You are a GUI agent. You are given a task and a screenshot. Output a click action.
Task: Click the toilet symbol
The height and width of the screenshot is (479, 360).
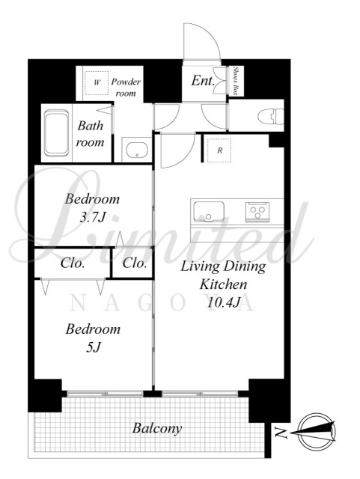point(271,117)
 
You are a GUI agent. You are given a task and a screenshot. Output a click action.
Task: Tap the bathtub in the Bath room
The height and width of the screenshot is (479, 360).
point(56,133)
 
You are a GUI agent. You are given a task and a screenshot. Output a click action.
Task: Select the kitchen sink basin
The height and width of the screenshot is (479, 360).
point(209,211)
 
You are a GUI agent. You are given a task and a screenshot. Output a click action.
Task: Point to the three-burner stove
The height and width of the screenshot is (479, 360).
point(257,211)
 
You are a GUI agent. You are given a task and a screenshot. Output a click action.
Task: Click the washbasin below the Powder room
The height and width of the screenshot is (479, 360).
point(137,150)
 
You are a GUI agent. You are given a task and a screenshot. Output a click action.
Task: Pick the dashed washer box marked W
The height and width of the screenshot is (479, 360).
point(97,83)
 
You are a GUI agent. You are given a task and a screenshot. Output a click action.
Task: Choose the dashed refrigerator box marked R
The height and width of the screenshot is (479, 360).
point(219,150)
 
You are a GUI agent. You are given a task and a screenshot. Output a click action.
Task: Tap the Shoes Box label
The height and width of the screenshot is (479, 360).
point(236,80)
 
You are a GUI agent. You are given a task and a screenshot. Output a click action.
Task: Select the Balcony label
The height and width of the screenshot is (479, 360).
point(157,428)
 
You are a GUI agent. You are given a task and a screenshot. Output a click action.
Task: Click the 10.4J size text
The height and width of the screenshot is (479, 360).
point(224,302)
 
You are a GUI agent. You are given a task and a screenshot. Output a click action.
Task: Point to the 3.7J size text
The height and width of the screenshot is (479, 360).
point(92,217)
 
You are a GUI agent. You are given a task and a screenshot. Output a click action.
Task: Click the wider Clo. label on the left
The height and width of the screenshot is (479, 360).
point(73,263)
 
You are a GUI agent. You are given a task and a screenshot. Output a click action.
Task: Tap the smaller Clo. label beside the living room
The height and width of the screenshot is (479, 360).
point(135,263)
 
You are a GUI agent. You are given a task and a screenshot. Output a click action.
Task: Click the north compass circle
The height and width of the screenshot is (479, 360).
point(317,433)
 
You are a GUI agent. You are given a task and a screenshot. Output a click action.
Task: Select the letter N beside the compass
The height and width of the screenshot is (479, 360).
point(281,433)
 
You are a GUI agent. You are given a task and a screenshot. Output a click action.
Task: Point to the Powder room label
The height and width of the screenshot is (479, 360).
point(126,88)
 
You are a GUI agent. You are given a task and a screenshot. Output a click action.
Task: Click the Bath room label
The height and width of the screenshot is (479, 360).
point(90,134)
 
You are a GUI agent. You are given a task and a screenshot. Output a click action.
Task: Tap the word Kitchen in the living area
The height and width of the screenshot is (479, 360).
point(223,284)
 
